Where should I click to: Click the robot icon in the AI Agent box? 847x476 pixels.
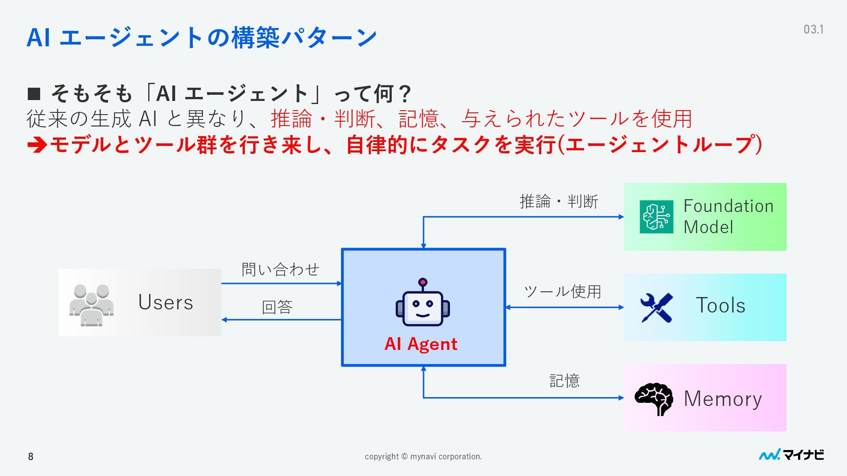tap(423, 303)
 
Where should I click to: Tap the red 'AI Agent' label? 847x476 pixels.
tap(421, 344)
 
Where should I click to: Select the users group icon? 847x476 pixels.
tap(91, 305)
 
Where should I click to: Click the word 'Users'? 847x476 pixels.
tap(166, 303)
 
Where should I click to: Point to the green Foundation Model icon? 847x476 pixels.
tap(656, 217)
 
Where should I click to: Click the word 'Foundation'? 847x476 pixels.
tap(728, 206)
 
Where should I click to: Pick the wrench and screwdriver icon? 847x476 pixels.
tap(656, 308)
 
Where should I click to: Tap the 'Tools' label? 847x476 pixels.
tap(720, 305)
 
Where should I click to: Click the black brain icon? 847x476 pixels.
tap(654, 399)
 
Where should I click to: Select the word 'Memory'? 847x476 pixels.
tap(723, 399)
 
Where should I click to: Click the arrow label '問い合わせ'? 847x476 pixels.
tap(281, 269)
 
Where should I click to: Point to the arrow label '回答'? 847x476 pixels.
tap(277, 307)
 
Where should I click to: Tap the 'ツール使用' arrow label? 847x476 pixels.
tap(562, 291)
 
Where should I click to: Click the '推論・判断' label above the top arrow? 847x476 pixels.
tap(559, 202)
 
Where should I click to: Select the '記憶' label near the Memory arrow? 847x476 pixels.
tap(564, 381)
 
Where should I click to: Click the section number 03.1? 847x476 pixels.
tap(813, 30)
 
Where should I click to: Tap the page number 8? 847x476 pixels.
tap(30, 457)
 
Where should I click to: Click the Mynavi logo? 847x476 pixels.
tap(791, 455)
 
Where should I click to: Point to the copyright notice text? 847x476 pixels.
tap(423, 457)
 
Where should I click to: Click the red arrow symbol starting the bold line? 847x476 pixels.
tap(37, 145)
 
